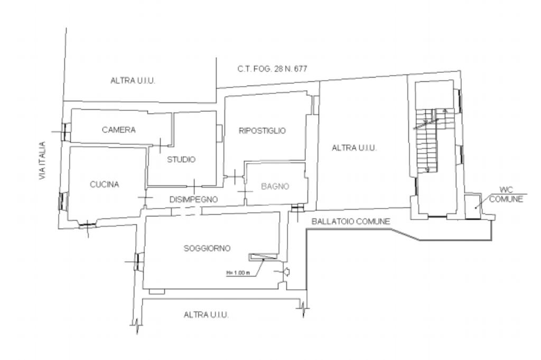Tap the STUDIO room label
tap(182, 159)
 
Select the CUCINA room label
tap(105, 184)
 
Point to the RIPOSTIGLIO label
tap(262, 131)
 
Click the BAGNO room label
tap(275, 186)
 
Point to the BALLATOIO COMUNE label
tap(350, 222)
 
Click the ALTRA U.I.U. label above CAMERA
tap(135, 81)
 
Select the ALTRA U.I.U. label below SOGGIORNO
tap(206, 315)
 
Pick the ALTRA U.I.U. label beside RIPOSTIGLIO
tap(354, 148)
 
